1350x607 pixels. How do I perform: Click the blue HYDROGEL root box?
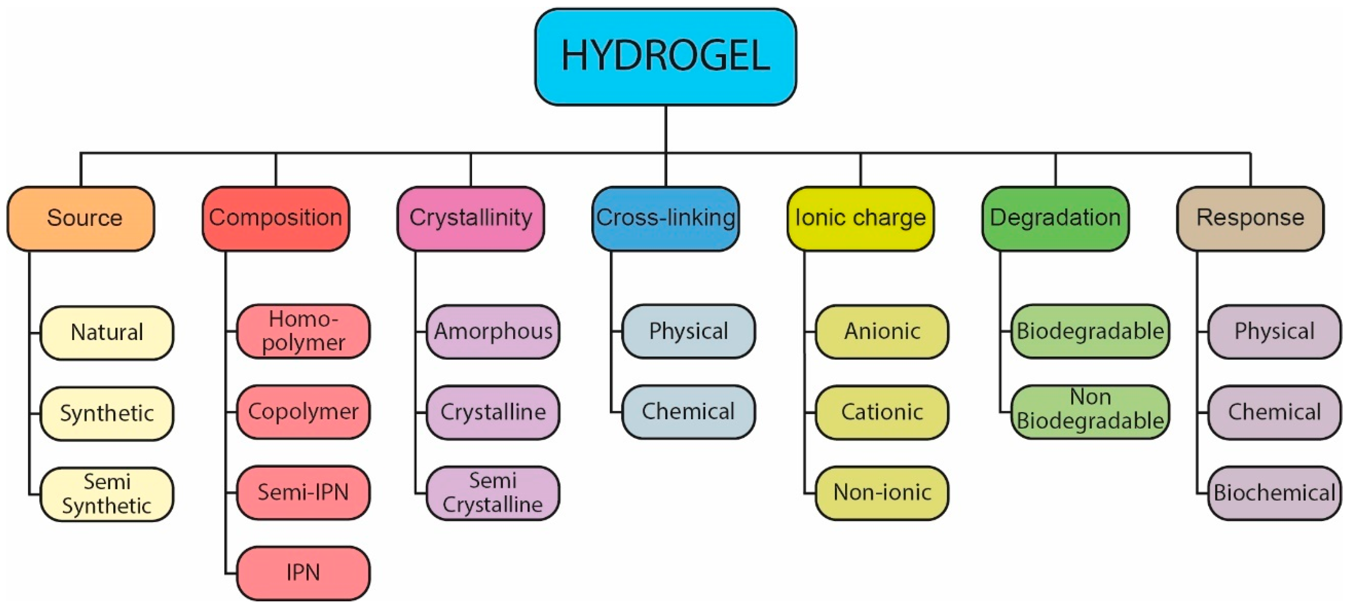665,57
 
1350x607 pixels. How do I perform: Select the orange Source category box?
81,218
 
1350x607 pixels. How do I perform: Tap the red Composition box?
276,218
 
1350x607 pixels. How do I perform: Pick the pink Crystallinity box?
471,218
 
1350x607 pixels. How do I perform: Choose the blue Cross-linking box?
665,218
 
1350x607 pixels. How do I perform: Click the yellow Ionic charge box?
861,218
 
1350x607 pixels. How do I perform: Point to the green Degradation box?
1055,218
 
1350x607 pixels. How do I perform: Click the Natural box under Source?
107,332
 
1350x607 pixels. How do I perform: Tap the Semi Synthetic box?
107,494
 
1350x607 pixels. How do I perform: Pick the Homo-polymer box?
303,331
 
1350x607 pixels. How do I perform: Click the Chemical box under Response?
1275,412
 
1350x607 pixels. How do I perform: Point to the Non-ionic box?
882,493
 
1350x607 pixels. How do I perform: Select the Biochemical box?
1275,493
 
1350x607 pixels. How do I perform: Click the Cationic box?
882,412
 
